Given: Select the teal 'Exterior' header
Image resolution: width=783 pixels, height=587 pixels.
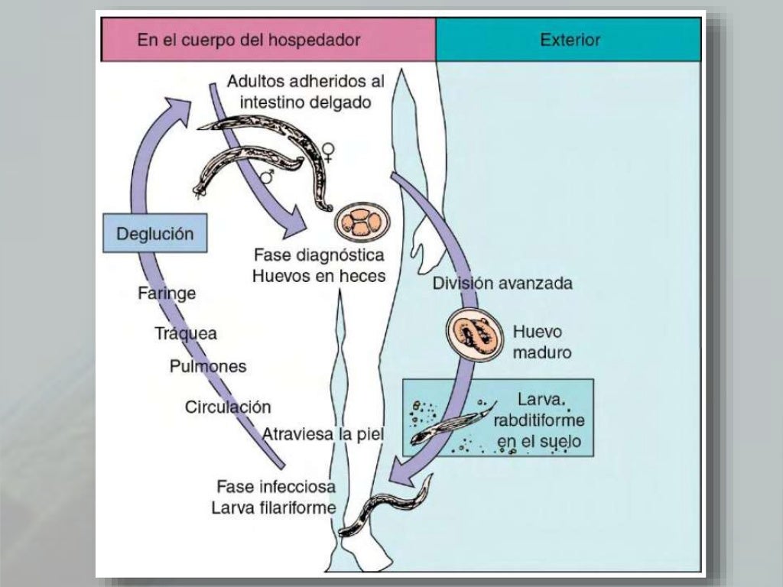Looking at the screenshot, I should tap(570, 40).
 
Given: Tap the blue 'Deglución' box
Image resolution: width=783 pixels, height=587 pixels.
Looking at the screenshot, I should tap(154, 234).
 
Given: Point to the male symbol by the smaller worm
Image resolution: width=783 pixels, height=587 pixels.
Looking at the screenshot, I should tap(268, 177).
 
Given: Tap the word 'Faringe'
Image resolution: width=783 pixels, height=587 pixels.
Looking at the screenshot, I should tap(167, 293).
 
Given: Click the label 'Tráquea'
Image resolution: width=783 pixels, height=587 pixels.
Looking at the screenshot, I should tap(186, 333).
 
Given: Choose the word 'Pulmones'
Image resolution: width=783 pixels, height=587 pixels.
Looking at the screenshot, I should tap(208, 366).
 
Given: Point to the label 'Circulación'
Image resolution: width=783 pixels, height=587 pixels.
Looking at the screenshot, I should tap(228, 407).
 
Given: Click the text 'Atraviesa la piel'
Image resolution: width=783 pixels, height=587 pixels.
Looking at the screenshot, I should tap(323, 434).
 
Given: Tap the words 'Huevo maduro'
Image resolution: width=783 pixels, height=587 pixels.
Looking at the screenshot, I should tap(541, 342).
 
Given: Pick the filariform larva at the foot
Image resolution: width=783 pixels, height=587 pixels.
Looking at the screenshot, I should tap(387, 510).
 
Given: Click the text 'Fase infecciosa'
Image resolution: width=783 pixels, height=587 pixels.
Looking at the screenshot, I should tap(276, 486).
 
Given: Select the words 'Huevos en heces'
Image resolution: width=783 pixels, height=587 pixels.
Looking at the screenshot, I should tap(319, 276).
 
